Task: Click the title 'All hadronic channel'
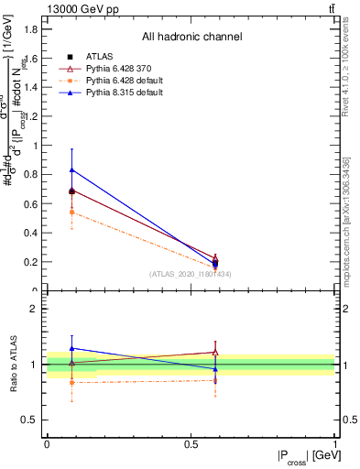(x=191, y=38)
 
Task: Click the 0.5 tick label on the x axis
(x=191, y=443)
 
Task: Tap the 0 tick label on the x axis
(x=48, y=443)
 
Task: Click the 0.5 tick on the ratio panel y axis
(x=31, y=420)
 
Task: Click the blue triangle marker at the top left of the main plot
(x=72, y=169)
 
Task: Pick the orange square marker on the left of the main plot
(x=72, y=213)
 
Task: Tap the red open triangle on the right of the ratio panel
(x=215, y=352)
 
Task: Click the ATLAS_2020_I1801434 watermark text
(x=191, y=274)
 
